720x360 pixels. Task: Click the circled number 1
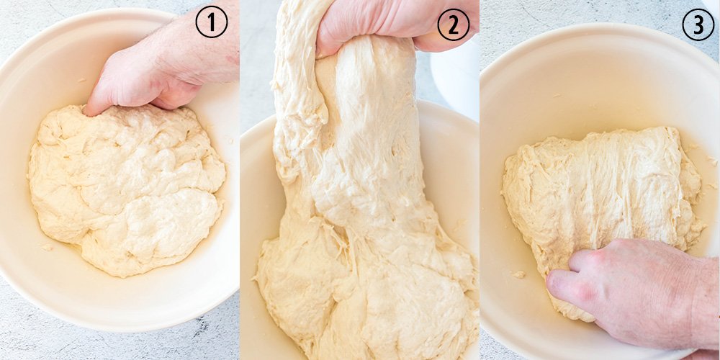pos(211,22)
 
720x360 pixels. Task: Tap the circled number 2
pos(453,25)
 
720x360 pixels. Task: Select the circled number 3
pos(698,24)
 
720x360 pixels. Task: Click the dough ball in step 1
pos(126,188)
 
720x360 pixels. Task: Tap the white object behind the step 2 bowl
pos(454,78)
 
